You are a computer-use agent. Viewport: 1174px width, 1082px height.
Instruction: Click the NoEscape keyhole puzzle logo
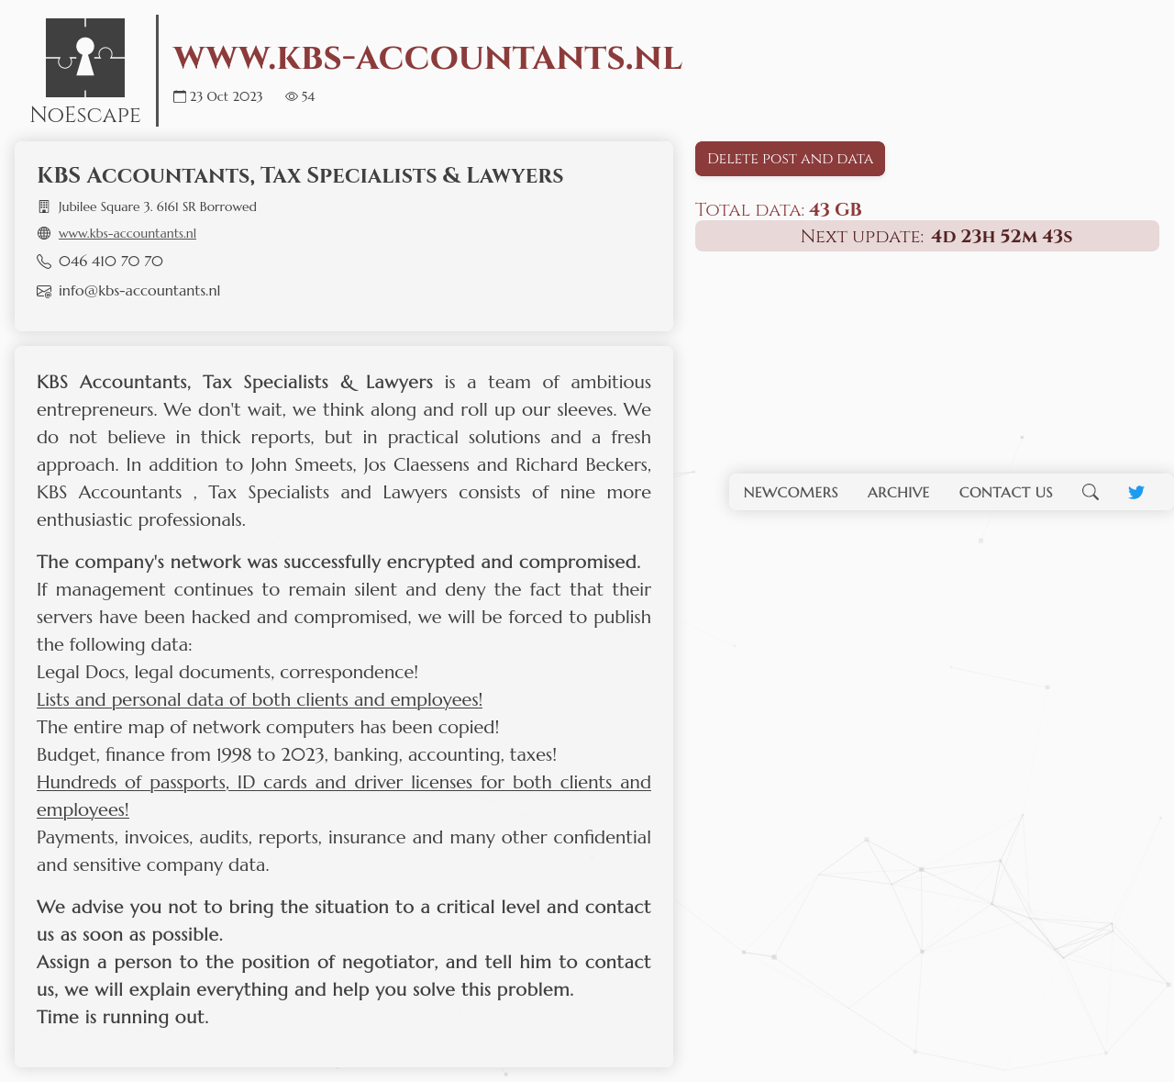click(x=85, y=58)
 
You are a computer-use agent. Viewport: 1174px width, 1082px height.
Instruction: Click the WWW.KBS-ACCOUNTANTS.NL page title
click(x=427, y=58)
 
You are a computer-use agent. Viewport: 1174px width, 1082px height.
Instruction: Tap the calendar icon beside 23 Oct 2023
click(x=180, y=96)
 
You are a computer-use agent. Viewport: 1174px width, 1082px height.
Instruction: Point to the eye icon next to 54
click(x=292, y=96)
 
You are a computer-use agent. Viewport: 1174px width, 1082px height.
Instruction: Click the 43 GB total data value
click(x=835, y=209)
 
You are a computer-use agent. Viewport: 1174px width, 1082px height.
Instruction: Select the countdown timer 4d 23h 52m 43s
click(x=1001, y=236)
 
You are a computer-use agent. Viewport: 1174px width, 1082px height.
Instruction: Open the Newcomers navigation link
click(x=791, y=492)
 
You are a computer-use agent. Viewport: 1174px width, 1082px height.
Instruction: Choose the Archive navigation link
click(x=898, y=492)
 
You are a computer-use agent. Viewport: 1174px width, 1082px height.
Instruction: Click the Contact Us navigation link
click(x=1005, y=492)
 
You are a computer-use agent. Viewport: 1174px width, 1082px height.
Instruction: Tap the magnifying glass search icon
click(x=1090, y=492)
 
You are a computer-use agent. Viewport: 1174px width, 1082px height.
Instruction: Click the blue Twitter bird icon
click(x=1135, y=492)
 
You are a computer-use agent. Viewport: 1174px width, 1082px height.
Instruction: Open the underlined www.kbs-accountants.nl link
click(x=127, y=233)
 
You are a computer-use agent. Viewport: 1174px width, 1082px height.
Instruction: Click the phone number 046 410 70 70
click(x=111, y=262)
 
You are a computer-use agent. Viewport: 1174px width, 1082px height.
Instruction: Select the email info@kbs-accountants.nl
click(x=139, y=291)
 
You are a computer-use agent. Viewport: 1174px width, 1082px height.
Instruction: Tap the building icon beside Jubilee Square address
click(x=44, y=206)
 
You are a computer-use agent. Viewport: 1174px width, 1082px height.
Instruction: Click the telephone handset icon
click(x=44, y=262)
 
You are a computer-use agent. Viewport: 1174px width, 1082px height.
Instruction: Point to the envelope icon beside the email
click(x=44, y=291)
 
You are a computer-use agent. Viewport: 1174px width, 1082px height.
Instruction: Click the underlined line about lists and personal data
click(x=260, y=699)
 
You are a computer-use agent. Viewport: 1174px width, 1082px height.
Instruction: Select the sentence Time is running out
click(x=123, y=1017)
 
